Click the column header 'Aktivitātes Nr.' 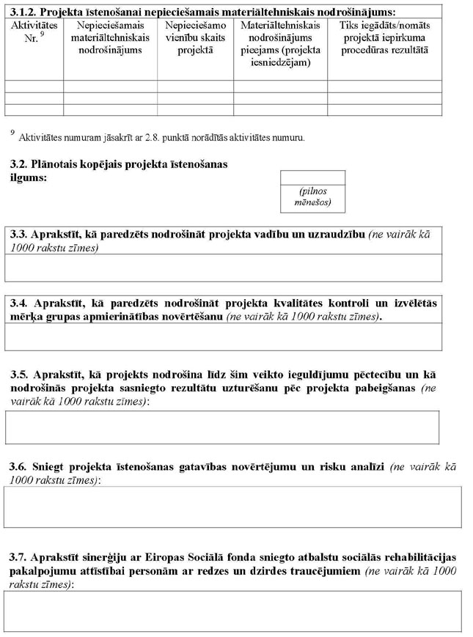(x=34, y=32)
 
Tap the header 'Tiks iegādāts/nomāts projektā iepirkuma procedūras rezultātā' (x=384, y=37)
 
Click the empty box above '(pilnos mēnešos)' (x=312, y=177)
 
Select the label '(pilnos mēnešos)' (x=312, y=196)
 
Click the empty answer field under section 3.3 (x=223, y=268)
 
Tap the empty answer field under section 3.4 (x=223, y=337)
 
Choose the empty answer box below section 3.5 (x=222, y=427)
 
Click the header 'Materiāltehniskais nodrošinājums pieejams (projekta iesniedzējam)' (x=279, y=43)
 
